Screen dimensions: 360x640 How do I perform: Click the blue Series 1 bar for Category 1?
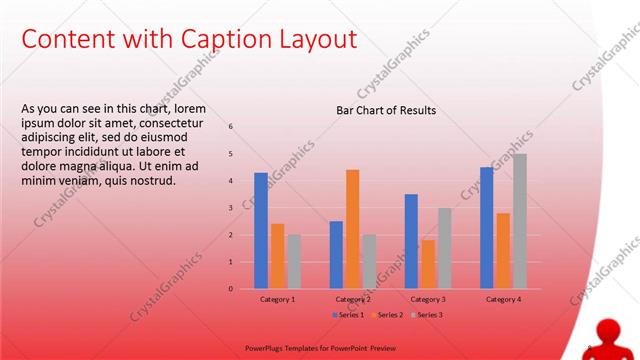[261, 231]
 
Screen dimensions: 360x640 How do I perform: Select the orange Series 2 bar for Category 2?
[352, 229]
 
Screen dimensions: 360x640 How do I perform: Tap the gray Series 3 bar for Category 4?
[520, 221]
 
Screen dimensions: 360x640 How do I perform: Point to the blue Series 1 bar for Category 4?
[487, 228]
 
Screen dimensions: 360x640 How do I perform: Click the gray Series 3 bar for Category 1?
[294, 261]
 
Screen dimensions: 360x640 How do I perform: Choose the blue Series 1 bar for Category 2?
[336, 255]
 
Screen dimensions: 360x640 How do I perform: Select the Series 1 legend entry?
[347, 315]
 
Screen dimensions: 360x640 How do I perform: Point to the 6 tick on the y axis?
[231, 127]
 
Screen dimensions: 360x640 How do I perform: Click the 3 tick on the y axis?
[231, 208]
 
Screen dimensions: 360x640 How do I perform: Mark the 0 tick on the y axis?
[231, 289]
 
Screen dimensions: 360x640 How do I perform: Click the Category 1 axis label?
[277, 299]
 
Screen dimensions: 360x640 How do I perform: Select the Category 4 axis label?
[503, 299]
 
